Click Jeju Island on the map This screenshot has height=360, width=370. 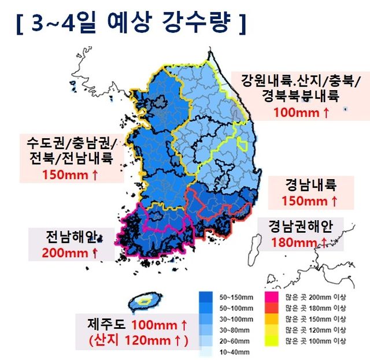pos(142,301)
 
